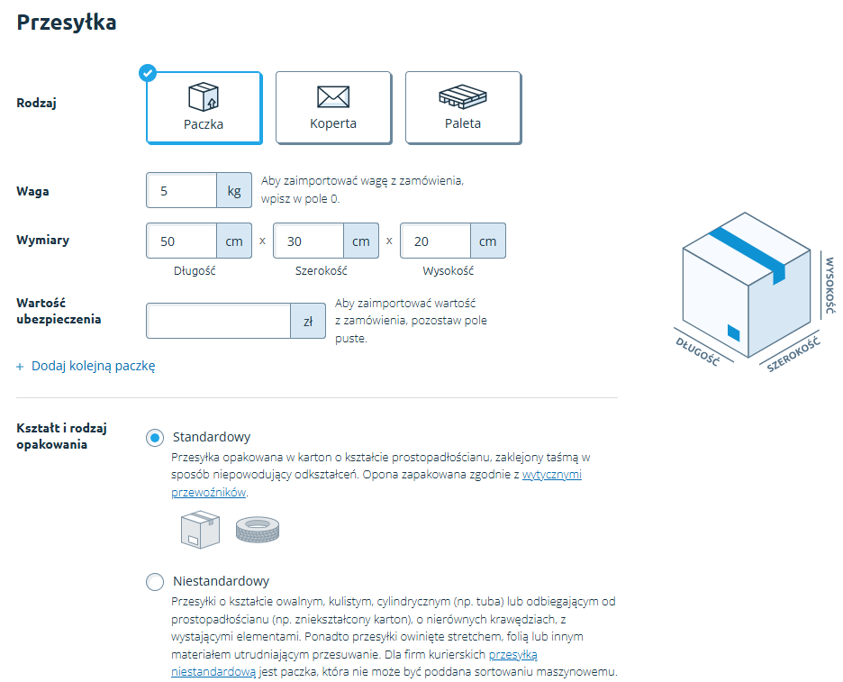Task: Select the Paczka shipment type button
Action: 204,108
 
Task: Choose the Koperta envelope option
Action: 333,108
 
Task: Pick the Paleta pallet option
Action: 463,108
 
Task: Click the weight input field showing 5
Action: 182,191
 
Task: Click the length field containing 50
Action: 182,241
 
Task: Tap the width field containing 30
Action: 309,241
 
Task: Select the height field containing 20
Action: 436,241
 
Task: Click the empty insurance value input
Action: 219,321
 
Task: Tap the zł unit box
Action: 308,321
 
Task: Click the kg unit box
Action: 234,191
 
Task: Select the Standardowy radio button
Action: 155,438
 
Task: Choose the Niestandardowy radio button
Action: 155,582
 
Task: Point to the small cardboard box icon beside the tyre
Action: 200,529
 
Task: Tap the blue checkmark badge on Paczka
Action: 148,72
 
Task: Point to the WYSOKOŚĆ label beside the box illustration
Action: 829,286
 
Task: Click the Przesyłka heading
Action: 67,23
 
